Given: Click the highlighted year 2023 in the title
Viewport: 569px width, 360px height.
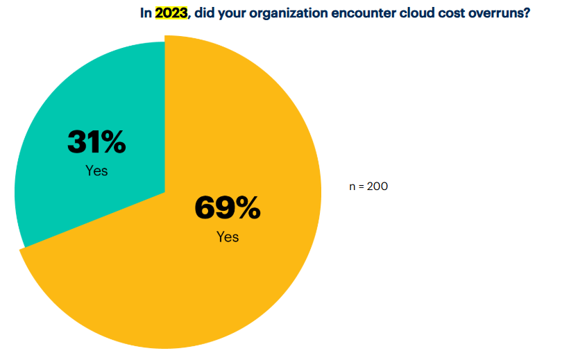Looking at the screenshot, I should (171, 13).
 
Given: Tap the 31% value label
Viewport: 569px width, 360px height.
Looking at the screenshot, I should (96, 143).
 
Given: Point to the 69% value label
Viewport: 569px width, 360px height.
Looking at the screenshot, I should (227, 208).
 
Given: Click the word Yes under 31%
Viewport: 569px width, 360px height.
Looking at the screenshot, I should (96, 171).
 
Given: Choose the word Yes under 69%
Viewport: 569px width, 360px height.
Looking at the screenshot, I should (227, 237).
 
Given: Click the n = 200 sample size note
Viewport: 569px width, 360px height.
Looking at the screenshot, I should (368, 187).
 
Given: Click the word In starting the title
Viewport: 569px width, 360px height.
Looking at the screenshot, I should (146, 13).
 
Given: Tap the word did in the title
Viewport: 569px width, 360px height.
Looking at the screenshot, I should (204, 13).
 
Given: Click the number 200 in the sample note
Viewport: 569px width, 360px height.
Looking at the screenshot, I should (378, 187).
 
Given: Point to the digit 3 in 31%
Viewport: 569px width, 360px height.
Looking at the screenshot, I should (76, 143).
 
